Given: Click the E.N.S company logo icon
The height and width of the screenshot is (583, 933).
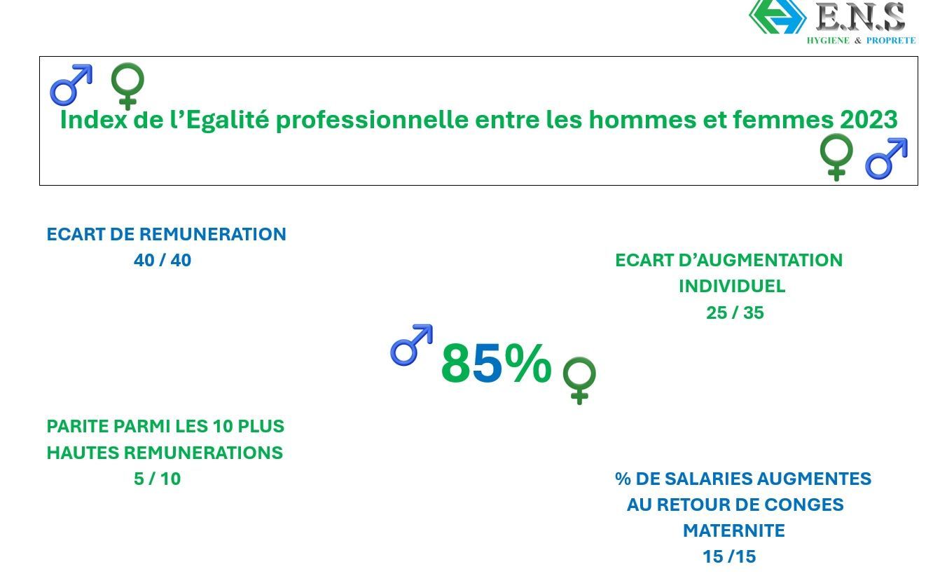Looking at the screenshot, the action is pos(777,16).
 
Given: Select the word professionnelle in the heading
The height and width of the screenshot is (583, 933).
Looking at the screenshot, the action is pos(372,121).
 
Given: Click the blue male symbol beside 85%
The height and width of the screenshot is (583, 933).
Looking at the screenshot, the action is pos(411,345).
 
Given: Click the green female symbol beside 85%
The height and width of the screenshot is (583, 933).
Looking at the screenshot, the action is pos(579,380).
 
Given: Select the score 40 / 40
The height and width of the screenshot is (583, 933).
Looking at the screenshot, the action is pos(163,261).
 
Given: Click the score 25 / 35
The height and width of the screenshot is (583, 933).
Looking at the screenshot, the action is pos(735,313).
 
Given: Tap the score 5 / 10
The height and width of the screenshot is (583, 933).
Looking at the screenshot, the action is pos(158,479).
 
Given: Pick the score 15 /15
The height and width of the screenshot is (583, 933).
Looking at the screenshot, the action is pos(729,557).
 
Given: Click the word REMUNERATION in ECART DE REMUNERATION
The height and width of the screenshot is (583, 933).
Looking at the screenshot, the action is pos(212,234).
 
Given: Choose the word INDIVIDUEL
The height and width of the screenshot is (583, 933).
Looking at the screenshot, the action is pos(732,287).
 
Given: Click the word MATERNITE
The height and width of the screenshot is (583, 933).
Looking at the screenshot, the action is pos(734,531).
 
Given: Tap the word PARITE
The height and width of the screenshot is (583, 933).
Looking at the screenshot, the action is pos(77,426).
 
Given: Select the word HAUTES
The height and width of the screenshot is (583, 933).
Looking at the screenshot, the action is pos(83,453).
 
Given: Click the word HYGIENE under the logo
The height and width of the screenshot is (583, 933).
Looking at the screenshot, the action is pos(828,41).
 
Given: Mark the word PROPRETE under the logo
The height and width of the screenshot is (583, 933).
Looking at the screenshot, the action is pos(891,41).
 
